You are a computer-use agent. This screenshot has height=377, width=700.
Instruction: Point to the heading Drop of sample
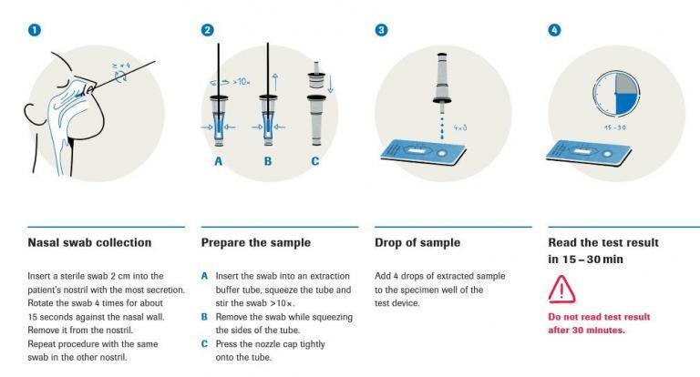tap(417, 243)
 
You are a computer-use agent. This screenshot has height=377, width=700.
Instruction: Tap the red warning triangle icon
tap(562, 290)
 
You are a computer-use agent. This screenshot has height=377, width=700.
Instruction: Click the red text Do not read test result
tap(599, 317)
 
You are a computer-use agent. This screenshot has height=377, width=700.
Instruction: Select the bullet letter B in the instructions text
tap(204, 317)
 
